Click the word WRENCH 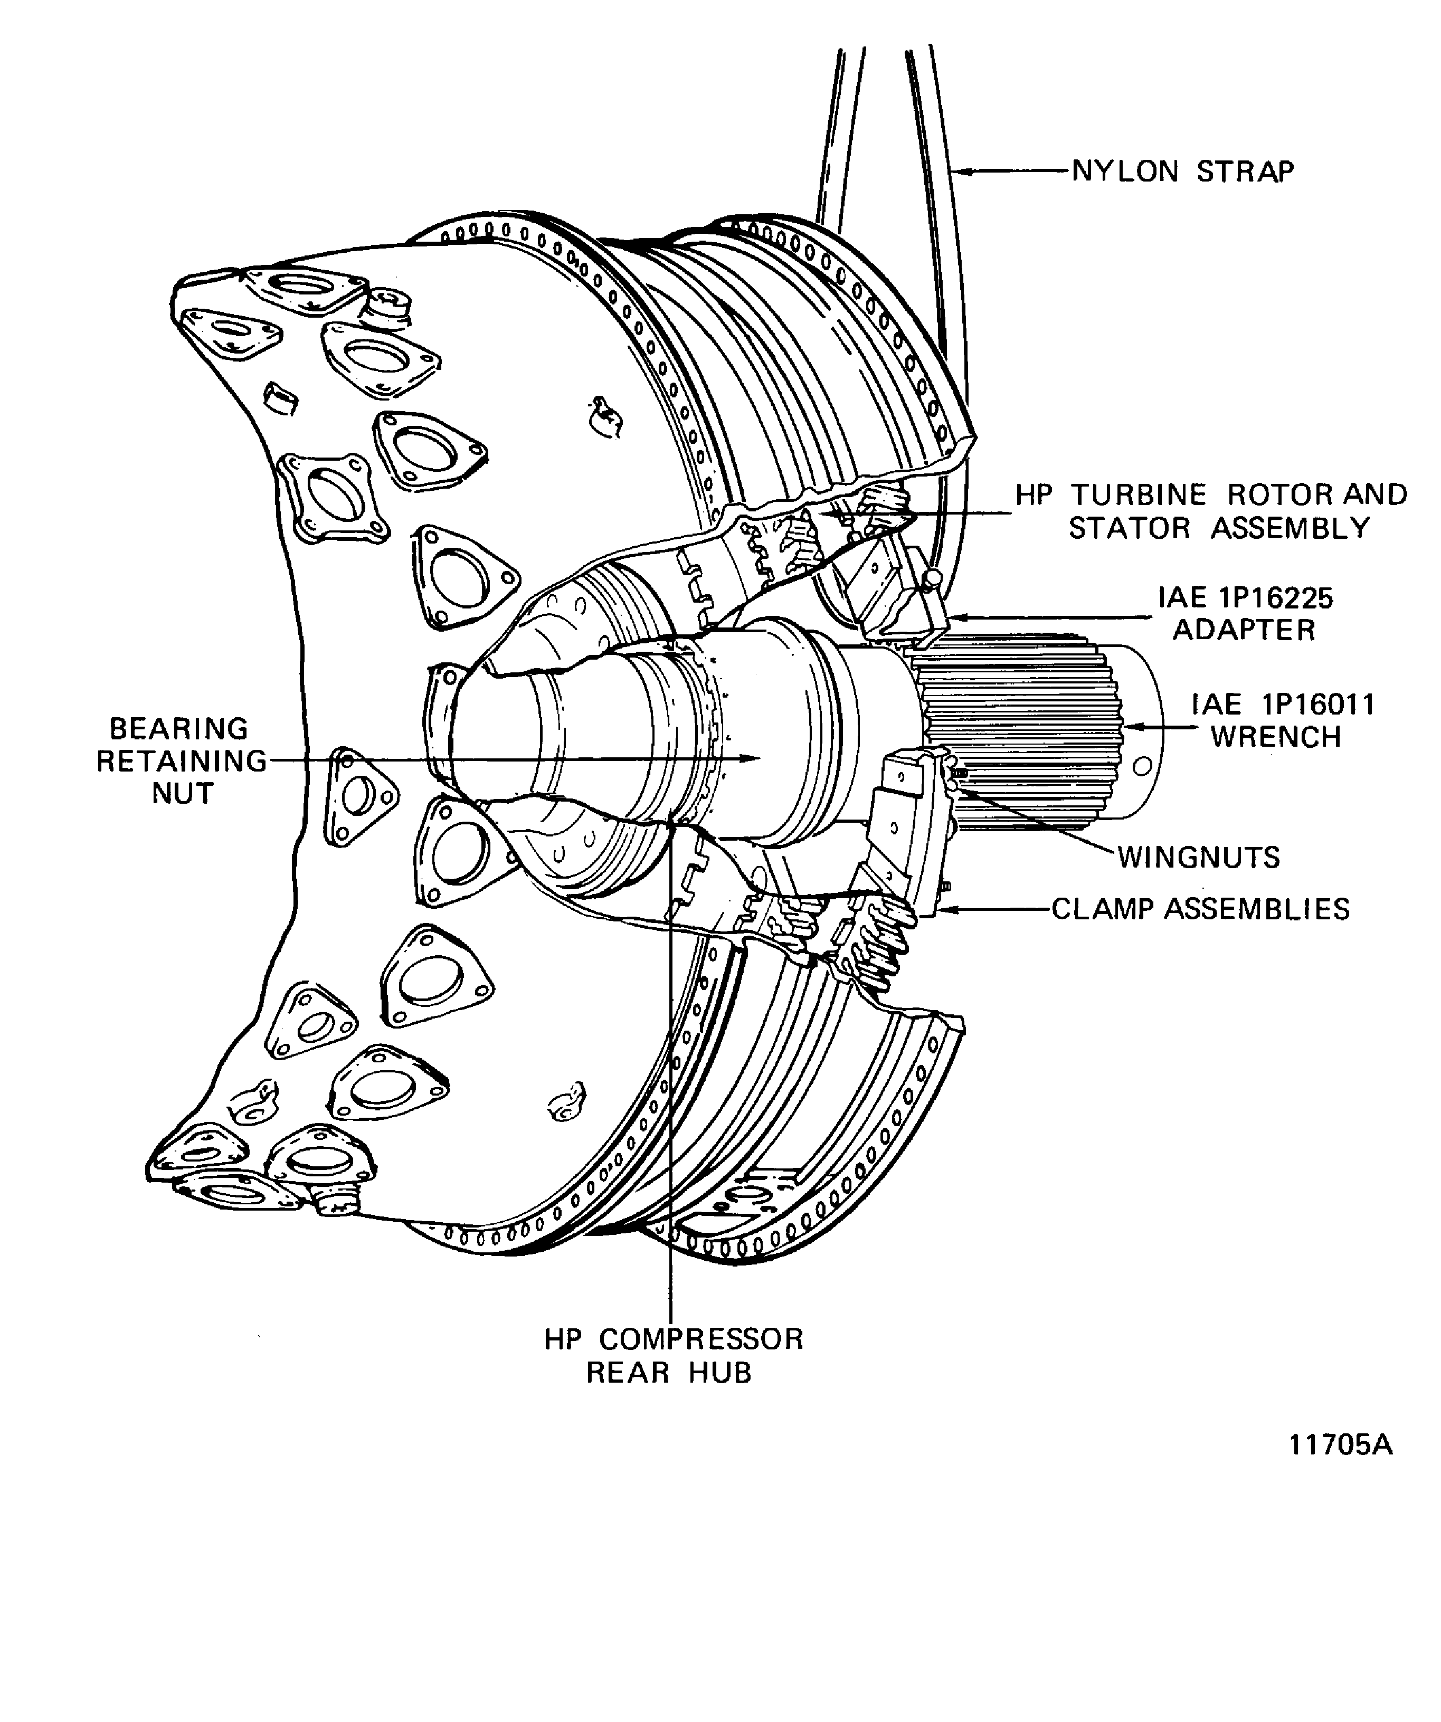1275,737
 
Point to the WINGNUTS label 1198,858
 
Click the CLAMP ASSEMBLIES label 1200,909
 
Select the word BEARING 179,729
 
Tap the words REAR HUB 668,1373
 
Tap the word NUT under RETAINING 182,794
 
